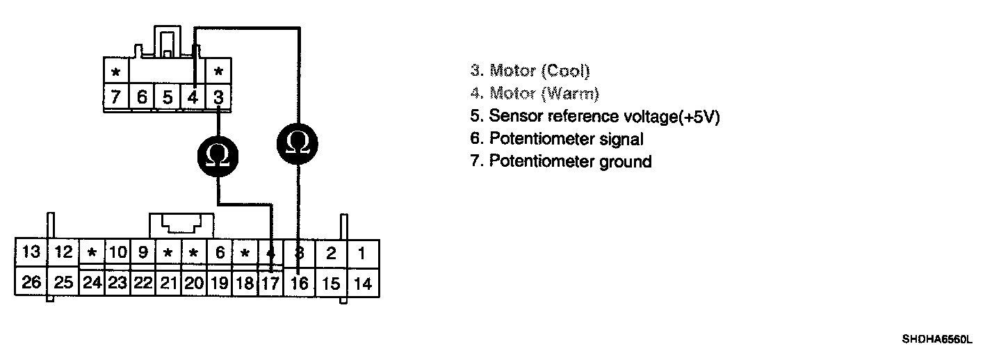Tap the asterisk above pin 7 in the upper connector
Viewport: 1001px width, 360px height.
pos(116,72)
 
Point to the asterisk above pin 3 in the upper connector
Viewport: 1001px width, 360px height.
pos(218,72)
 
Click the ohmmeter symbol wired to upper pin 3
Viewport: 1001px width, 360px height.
pos(219,156)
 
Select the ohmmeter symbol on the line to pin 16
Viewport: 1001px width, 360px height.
pos(298,143)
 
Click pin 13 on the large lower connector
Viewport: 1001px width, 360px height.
pos(31,252)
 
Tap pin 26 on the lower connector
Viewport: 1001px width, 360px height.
pos(31,283)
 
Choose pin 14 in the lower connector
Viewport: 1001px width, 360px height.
pos(362,283)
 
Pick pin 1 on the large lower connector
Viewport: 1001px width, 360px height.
pos(362,252)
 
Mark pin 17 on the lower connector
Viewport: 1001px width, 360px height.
pos(270,284)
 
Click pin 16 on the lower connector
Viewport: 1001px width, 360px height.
pos(300,283)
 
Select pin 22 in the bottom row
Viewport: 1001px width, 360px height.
pos(143,283)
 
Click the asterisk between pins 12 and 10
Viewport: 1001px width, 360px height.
pos(91,253)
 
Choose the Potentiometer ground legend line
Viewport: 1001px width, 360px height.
pos(570,162)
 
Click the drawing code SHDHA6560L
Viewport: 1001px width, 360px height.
pos(937,340)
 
